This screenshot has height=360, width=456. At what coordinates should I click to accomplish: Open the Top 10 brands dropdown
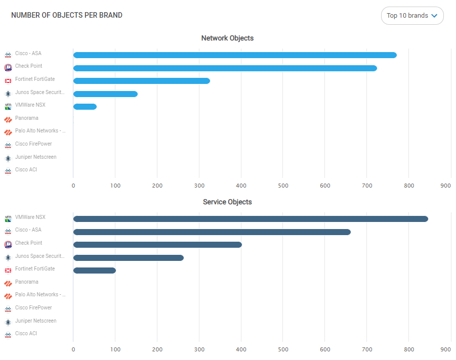tap(412, 16)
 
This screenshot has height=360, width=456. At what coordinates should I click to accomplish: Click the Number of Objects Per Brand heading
tap(67, 15)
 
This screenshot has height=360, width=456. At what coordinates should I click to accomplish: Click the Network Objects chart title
tap(227, 38)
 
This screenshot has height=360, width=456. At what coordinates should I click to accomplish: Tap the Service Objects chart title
tap(227, 202)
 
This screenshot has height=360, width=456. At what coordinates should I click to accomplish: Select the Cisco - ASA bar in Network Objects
tap(235, 55)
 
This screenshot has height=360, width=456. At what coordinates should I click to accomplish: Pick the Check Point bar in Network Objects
tap(225, 68)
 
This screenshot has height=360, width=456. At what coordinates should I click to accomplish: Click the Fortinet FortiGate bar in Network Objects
tap(142, 81)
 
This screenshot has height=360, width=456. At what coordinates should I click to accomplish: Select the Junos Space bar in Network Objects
tap(105, 94)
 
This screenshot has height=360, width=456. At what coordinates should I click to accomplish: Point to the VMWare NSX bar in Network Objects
tap(85, 107)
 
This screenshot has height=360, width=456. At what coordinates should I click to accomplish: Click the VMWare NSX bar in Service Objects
tap(251, 219)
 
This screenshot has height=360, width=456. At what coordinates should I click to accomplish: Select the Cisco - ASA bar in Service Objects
tap(212, 232)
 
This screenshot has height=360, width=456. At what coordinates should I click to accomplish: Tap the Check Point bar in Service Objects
tap(157, 245)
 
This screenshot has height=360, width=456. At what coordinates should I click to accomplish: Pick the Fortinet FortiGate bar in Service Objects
tap(95, 271)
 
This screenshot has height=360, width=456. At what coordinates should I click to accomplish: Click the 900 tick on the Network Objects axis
tap(445, 186)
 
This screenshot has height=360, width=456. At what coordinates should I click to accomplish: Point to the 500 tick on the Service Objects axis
tap(283, 349)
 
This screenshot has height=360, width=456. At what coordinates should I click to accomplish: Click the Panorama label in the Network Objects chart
tap(27, 118)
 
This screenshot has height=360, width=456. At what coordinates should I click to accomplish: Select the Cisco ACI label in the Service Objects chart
tap(26, 334)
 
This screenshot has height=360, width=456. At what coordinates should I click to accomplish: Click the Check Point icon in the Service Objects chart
tap(8, 245)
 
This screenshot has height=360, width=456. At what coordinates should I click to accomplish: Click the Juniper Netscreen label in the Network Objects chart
tap(35, 157)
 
